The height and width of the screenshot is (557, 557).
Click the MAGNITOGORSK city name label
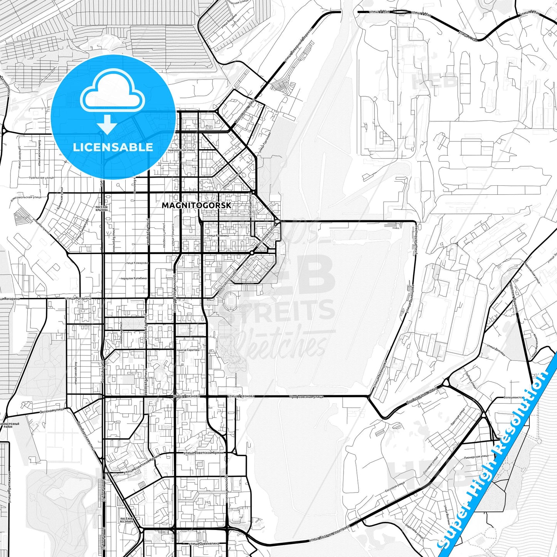coord(197,205)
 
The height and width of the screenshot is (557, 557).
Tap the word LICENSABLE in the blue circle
coord(113,147)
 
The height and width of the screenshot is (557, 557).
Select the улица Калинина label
coord(218,236)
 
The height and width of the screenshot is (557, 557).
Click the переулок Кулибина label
coord(133,278)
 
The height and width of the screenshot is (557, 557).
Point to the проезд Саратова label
coord(188,350)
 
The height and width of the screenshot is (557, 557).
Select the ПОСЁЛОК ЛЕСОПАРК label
coord(127,520)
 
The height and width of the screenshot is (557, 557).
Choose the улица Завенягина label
coord(204,544)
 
